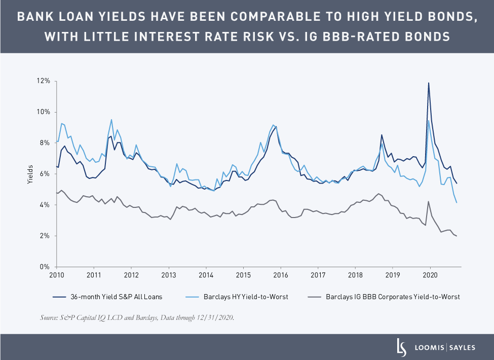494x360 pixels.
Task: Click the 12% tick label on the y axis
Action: [42, 81]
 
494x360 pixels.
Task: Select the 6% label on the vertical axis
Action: [44, 174]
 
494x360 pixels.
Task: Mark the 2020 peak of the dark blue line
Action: [429, 83]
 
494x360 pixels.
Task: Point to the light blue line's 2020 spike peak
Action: [429, 120]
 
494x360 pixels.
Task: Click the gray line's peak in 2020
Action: [429, 201]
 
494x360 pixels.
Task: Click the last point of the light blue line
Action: [457, 203]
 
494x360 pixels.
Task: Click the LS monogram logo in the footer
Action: [401, 347]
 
